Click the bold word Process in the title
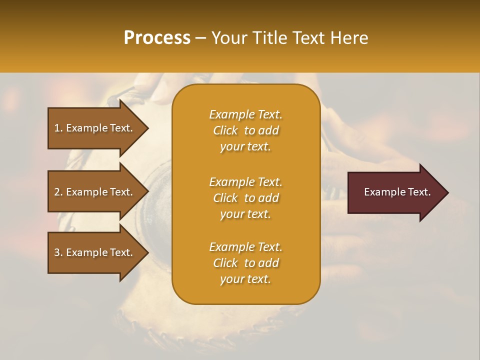157,38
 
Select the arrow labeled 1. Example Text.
95,128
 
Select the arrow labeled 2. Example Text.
95,192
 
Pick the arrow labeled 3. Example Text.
95,252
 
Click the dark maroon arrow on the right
395,192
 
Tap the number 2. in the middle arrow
58,192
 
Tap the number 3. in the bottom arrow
58,252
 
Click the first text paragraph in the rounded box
245,130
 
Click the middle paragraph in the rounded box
245,198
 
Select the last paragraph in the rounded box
245,263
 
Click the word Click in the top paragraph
225,130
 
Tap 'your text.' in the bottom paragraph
245,279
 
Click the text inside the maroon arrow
397,192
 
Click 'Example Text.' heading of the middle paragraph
245,182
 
